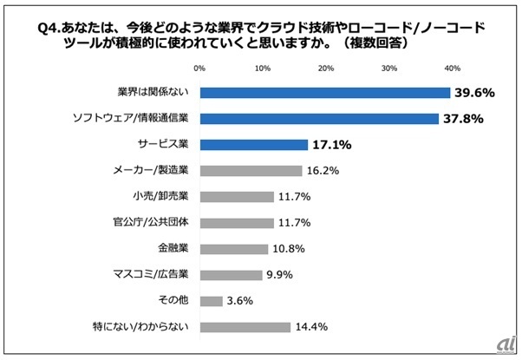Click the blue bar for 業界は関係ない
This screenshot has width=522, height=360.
point(324,93)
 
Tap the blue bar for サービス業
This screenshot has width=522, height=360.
point(253,145)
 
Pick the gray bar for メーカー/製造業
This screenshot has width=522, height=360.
point(251,171)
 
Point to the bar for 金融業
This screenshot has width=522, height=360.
point(233,249)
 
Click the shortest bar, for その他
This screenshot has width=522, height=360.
point(211,301)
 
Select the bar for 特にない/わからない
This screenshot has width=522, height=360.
point(245,327)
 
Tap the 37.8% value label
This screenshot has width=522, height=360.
point(461,119)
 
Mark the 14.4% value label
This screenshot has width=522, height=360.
point(311,327)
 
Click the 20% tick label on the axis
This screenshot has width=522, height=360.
point(325,67)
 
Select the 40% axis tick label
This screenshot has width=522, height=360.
point(452,67)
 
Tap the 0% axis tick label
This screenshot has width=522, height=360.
point(199,67)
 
